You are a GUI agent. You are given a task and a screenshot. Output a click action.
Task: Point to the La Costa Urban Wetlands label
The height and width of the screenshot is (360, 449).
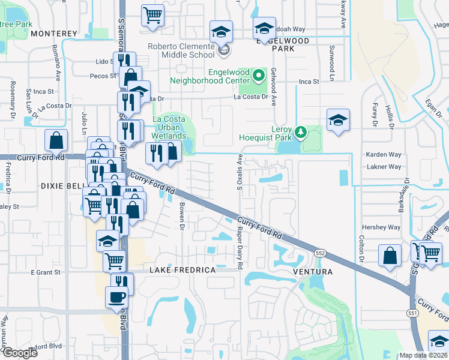169,127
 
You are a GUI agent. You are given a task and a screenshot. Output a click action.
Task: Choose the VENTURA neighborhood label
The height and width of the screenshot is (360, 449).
312,272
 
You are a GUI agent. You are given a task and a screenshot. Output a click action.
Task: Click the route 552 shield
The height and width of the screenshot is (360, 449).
321,254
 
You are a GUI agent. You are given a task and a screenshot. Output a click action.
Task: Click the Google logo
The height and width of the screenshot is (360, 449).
20,353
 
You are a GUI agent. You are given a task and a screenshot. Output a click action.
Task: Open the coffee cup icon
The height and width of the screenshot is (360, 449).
116,296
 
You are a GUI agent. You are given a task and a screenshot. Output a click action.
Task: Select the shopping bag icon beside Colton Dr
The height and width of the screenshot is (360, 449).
390,256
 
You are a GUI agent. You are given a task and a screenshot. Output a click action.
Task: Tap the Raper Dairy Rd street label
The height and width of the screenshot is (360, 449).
240,247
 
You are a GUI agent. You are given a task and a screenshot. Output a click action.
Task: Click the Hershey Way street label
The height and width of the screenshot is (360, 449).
381,227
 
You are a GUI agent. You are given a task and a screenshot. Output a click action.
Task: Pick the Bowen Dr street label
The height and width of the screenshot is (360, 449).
181,211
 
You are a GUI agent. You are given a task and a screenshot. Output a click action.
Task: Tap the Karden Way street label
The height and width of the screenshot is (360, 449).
384,154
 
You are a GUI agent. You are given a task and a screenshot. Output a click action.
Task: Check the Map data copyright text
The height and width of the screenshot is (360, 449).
424,355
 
